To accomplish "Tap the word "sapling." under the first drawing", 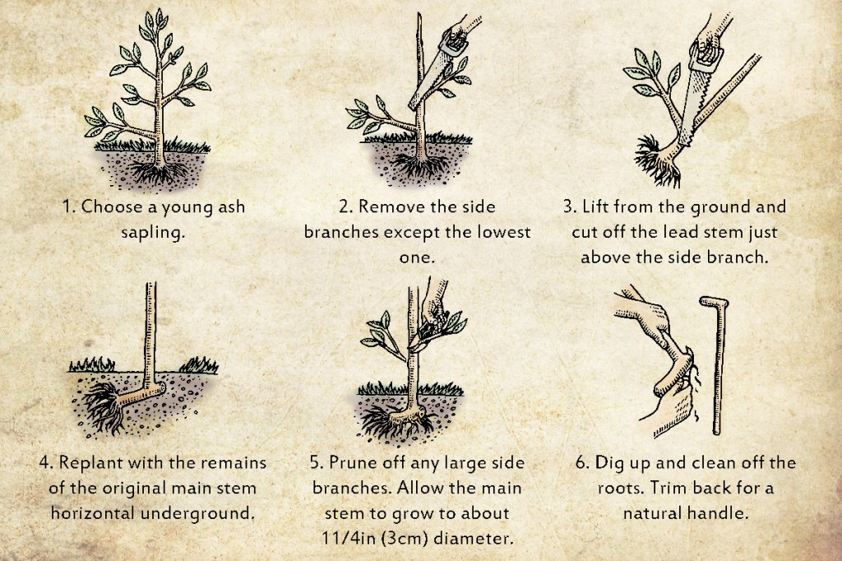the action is [x=153, y=233].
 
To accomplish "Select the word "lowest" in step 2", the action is [x=504, y=232].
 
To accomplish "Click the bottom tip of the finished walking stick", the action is [x=716, y=432].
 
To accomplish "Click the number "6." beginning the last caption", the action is [x=583, y=463].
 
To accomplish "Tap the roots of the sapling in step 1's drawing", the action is [x=159, y=172].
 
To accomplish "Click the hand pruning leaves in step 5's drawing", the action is [x=436, y=309].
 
